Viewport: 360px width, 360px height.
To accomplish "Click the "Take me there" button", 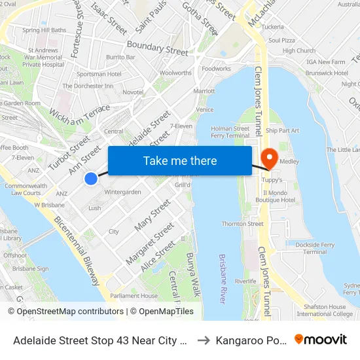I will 180,160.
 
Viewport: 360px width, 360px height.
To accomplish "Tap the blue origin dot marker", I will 91,178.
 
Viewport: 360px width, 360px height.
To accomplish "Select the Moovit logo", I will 321,339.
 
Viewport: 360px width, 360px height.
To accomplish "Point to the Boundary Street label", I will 157,48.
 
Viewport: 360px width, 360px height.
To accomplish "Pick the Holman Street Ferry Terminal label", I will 230,132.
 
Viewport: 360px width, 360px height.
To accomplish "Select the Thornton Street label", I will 242,224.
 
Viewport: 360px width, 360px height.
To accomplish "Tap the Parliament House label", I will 134,296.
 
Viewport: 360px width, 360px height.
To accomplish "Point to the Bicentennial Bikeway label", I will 77,251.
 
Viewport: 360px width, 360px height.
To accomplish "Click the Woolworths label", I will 175,73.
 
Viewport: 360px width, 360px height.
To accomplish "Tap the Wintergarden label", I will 122,192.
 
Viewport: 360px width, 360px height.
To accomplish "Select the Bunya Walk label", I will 192,272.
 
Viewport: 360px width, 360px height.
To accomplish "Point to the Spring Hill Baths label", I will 45,30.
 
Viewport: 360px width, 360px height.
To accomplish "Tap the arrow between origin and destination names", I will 204,340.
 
